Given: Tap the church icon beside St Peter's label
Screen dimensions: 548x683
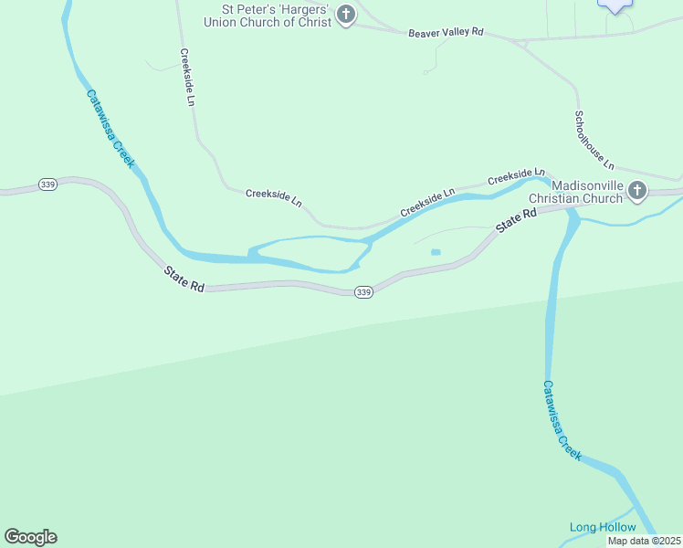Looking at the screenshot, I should point(345,15).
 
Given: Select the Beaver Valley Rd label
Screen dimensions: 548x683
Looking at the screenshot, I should point(446,32).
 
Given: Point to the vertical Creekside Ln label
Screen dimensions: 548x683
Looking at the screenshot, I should point(187,78).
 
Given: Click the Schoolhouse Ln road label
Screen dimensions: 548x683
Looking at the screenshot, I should point(594,140).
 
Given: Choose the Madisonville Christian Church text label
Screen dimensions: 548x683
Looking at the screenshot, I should point(588,191).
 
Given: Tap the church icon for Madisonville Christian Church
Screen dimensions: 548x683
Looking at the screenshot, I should point(637,191).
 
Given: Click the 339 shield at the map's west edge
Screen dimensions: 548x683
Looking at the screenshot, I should point(48,184).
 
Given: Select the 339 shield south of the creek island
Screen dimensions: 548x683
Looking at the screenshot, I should point(363,292).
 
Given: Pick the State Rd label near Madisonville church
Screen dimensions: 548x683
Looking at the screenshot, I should point(517,219).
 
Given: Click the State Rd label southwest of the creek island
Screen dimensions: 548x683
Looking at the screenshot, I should point(184,279).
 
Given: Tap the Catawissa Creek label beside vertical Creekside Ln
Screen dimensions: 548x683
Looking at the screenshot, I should point(110,128).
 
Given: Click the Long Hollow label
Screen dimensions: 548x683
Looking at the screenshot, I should point(603,527).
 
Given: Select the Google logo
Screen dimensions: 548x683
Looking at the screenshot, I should point(30,537).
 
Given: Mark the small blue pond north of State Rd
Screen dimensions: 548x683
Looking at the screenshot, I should point(436,252).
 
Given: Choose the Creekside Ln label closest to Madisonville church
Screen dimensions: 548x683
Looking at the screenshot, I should point(516,175).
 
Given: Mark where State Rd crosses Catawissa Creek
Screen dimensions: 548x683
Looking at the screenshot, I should point(570,208).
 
